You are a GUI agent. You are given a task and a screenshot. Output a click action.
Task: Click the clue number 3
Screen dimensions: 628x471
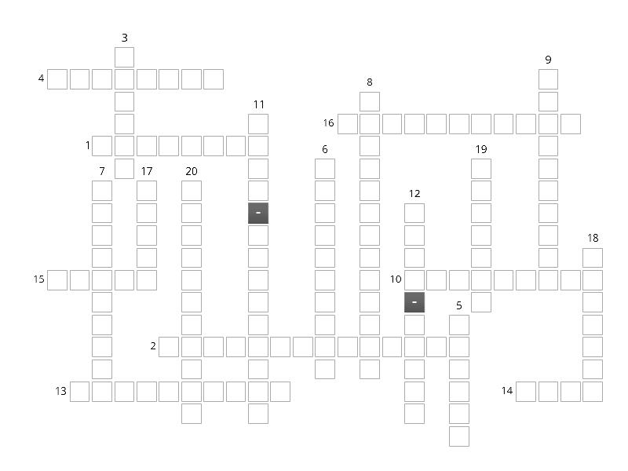tap(125, 38)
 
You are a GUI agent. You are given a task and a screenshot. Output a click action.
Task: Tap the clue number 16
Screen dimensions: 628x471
tap(328, 123)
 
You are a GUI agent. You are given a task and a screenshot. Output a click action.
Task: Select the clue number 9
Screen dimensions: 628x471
tap(548, 60)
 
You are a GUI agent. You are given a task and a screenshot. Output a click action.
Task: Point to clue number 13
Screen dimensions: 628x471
tap(61, 391)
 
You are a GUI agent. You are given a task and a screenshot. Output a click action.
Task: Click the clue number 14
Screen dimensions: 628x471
tap(507, 390)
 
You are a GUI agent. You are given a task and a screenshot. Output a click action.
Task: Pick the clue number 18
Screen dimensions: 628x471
tap(593, 238)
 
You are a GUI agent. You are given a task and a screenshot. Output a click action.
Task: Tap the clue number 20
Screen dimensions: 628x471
tap(192, 171)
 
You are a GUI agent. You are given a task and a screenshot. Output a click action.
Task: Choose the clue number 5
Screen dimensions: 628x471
tap(459, 305)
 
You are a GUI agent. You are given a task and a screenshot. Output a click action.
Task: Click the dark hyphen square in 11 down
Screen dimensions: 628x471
tap(258, 213)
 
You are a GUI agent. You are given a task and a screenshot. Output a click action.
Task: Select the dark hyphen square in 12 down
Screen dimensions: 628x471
tap(414, 302)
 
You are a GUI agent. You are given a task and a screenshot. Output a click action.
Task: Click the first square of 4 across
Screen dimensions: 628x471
tap(57, 79)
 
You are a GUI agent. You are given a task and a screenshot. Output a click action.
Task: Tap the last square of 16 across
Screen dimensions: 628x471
tap(571, 124)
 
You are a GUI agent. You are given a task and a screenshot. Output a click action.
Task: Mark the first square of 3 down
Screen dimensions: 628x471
tap(125, 57)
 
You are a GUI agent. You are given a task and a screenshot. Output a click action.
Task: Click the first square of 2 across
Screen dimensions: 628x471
tap(169, 347)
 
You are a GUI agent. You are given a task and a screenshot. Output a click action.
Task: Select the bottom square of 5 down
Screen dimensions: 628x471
tap(459, 436)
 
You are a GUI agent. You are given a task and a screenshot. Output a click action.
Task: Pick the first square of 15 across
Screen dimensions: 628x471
tap(57, 280)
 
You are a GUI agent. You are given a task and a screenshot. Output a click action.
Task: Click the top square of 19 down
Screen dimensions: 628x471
tap(481, 169)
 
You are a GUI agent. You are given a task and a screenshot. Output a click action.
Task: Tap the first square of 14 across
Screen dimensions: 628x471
tap(526, 391)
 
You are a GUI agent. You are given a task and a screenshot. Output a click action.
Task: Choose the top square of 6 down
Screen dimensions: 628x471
tap(325, 169)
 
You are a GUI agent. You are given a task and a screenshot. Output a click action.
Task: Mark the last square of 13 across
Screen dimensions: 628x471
tap(280, 391)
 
